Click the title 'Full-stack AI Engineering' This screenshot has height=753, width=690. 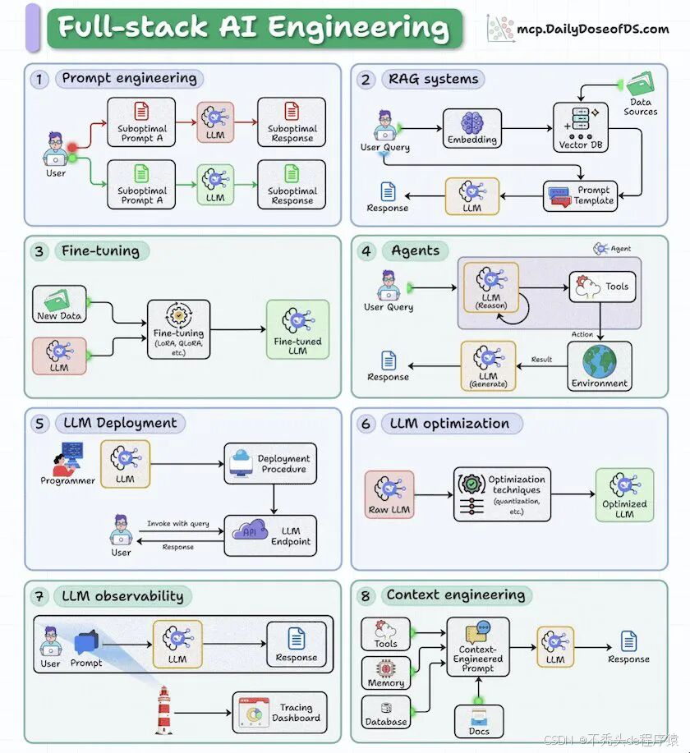click(x=253, y=28)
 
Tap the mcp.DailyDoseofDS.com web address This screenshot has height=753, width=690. click(x=592, y=30)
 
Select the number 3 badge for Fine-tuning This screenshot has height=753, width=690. click(x=39, y=251)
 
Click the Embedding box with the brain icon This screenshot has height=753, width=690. click(x=472, y=128)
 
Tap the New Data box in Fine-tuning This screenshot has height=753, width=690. click(x=59, y=305)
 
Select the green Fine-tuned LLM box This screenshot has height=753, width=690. click(x=297, y=328)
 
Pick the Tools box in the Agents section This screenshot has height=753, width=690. click(x=603, y=287)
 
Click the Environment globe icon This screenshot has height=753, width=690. click(x=599, y=361)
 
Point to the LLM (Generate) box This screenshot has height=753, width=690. click(x=488, y=365)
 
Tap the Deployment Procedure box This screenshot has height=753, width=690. click(x=269, y=464)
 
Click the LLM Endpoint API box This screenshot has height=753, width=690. click(x=269, y=535)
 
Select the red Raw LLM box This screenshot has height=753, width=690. click(x=389, y=495)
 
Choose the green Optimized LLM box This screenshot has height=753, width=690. click(x=624, y=495)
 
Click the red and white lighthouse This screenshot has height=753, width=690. click(x=164, y=711)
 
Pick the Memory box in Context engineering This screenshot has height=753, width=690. click(x=386, y=673)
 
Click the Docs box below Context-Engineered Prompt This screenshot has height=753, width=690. click(x=479, y=720)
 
